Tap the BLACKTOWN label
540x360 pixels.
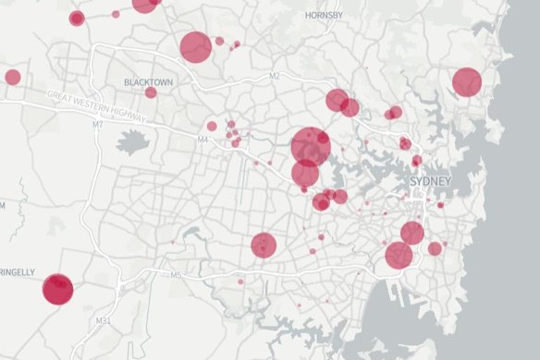148,82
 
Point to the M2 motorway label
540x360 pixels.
275,75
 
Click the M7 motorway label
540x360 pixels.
98,122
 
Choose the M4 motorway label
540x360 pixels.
202,140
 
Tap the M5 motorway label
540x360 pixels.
176,275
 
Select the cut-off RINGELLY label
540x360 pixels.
17,272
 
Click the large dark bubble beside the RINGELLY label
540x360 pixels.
58,289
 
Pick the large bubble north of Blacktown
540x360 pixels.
195,46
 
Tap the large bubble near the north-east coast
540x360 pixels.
467,82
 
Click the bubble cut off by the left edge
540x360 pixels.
12,78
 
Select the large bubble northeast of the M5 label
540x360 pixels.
264,245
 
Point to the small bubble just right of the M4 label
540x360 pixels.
212,126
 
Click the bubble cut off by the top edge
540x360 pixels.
145,5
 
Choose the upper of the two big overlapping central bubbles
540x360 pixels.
309,146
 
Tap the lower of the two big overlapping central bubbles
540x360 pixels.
305,173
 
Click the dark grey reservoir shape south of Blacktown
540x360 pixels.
135,143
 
